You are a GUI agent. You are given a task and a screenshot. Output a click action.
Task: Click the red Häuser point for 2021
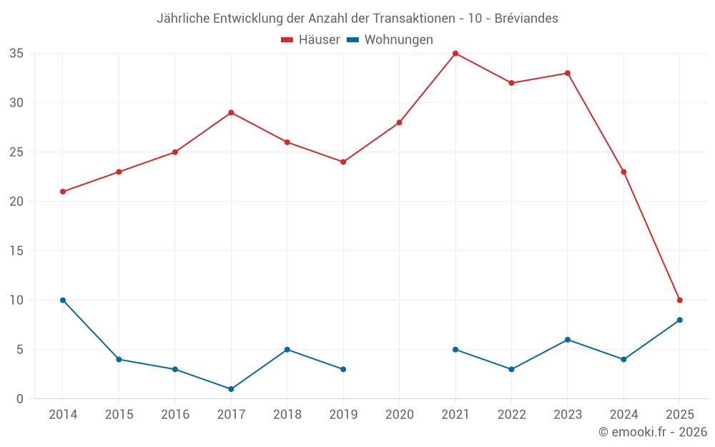(x=455, y=54)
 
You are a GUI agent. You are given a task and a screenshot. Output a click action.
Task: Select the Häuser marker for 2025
(x=680, y=300)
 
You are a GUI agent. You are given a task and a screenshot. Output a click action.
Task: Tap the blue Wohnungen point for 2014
(x=63, y=300)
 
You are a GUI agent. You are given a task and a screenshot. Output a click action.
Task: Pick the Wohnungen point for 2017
(x=231, y=389)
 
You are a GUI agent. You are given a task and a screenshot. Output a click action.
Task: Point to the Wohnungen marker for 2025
(x=680, y=320)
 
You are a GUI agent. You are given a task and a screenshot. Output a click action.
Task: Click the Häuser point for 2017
(x=231, y=113)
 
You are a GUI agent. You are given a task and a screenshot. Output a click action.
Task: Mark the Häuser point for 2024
(x=623, y=172)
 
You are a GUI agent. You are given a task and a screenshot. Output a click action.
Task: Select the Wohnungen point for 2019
(x=343, y=369)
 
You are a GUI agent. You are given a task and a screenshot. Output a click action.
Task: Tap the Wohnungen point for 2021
(x=455, y=350)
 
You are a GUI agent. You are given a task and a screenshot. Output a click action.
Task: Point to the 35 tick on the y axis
(x=16, y=54)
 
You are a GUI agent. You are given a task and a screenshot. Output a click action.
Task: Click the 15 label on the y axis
(x=16, y=251)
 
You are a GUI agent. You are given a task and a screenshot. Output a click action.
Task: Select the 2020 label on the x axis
(x=399, y=415)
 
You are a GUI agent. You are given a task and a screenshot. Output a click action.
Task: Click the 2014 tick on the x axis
(x=63, y=415)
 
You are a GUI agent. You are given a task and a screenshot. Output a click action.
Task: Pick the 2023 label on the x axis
(x=568, y=415)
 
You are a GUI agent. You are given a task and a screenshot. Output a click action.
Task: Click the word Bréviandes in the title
(x=526, y=19)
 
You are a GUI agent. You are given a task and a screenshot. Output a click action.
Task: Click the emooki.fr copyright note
(x=653, y=432)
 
